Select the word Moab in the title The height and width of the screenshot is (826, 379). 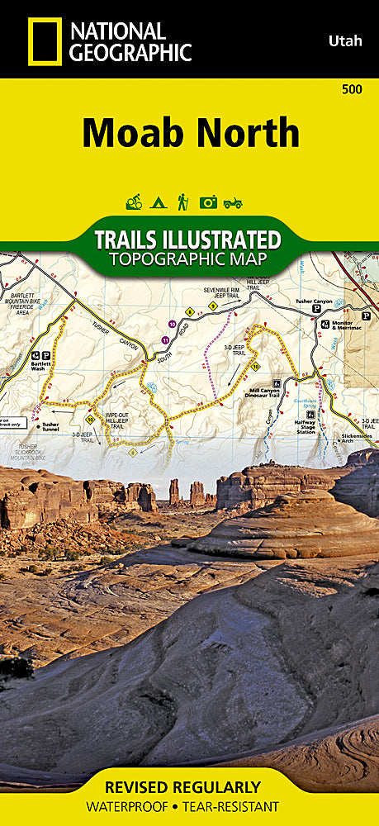pyautogui.click(x=135, y=132)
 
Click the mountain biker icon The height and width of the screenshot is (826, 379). pyautogui.click(x=134, y=202)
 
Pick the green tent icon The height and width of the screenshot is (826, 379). pyautogui.click(x=158, y=202)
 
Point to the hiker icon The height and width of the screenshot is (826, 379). pyautogui.click(x=182, y=202)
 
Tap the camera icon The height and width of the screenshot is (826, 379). pyautogui.click(x=208, y=202)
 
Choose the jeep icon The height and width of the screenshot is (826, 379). pyautogui.click(x=233, y=202)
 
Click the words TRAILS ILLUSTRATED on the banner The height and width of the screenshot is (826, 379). pyautogui.click(x=187, y=240)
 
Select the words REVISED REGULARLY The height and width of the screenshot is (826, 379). pyautogui.click(x=189, y=787)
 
